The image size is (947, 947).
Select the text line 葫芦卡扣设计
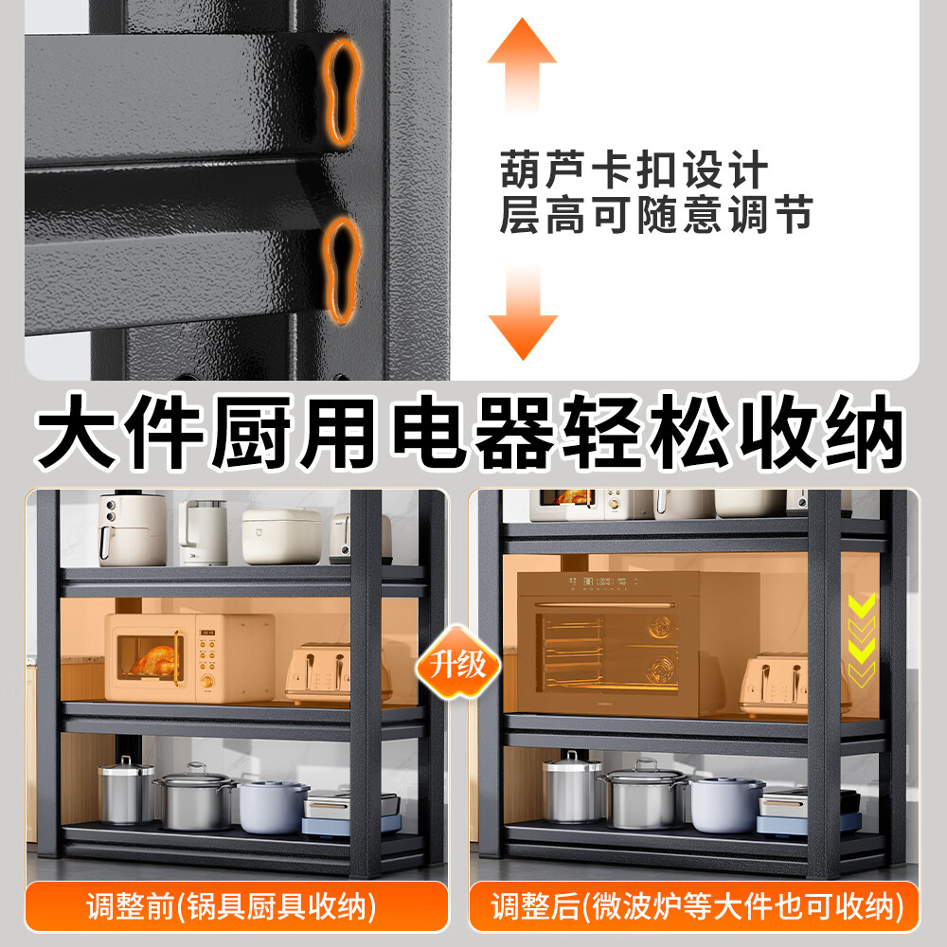tap(633, 171)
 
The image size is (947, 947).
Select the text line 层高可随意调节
tap(655, 215)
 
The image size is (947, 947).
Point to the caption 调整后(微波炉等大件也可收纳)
tap(694, 906)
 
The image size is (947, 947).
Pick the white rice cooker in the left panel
tap(281, 536)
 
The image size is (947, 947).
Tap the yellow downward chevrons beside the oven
tap(861, 639)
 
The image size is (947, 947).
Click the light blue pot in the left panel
tap(273, 806)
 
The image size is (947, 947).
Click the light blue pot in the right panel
tap(726, 804)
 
